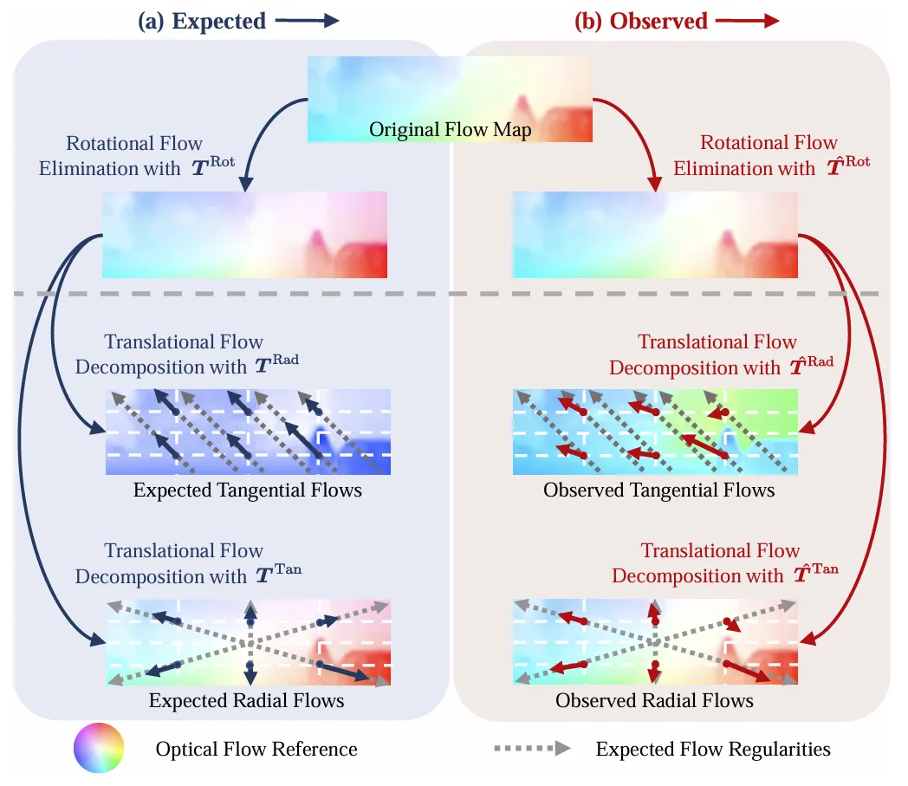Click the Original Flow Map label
click(x=450, y=130)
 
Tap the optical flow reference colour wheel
click(x=99, y=748)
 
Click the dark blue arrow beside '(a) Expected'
click(x=307, y=22)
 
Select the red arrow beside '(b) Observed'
click(x=748, y=22)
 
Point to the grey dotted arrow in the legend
click(x=532, y=749)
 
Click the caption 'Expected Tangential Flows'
click(x=247, y=490)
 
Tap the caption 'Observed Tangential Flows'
click(x=658, y=490)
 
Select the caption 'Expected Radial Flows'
click(x=246, y=700)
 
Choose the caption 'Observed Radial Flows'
click(x=654, y=700)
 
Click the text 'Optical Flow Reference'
click(x=256, y=749)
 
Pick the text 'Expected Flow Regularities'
click(x=713, y=749)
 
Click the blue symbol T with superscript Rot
click(x=212, y=166)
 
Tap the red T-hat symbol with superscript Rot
click(x=847, y=165)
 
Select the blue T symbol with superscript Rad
click(x=276, y=364)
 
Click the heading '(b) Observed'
click(x=641, y=22)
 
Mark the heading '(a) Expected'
click(x=202, y=22)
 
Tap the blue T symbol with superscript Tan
click(x=278, y=573)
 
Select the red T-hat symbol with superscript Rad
click(x=812, y=364)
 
